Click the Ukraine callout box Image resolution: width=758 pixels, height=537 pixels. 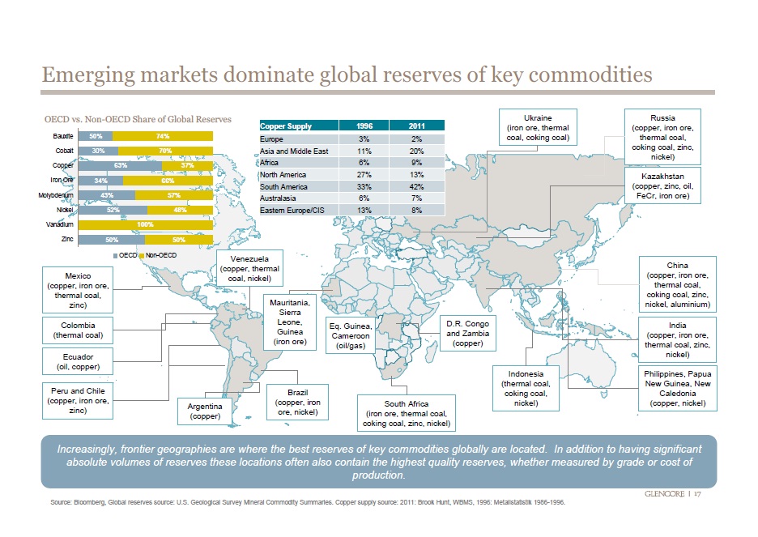[x=538, y=127]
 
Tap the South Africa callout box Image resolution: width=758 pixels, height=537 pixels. [x=407, y=413]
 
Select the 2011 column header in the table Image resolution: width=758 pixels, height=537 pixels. [x=416, y=126]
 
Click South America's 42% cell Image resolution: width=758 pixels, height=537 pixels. [x=416, y=185]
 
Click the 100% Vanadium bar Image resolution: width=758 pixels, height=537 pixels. [x=146, y=224]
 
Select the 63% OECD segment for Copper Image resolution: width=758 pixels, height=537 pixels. [x=120, y=165]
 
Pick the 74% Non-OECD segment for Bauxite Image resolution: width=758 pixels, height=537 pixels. [x=163, y=136]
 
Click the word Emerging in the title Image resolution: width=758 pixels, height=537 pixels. [x=89, y=75]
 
